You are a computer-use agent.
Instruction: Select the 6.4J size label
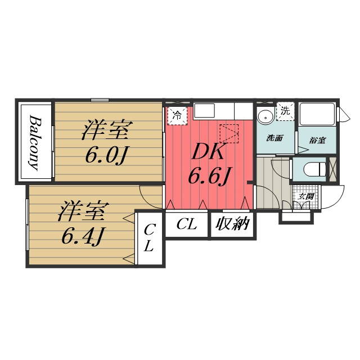tap(82, 236)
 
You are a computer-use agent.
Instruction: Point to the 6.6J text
tap(209, 175)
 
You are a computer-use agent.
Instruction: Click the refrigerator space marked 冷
tap(178, 116)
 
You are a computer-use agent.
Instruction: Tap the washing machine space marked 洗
tap(285, 111)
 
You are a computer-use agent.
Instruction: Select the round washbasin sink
tap(265, 118)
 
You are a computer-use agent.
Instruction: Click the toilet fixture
tap(314, 169)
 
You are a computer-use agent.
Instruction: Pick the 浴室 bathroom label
tap(317, 140)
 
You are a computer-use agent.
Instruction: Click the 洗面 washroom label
tap(275, 138)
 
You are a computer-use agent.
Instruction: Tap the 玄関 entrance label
tap(306, 197)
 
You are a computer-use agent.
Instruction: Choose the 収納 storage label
tap(232, 223)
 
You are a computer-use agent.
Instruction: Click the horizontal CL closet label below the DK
tap(187, 224)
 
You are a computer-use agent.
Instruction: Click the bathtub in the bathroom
tap(317, 114)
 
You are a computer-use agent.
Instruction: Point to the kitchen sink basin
tap(204, 111)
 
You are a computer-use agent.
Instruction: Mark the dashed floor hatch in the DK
tap(229, 134)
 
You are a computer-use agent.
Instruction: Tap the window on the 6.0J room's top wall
tap(100, 100)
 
